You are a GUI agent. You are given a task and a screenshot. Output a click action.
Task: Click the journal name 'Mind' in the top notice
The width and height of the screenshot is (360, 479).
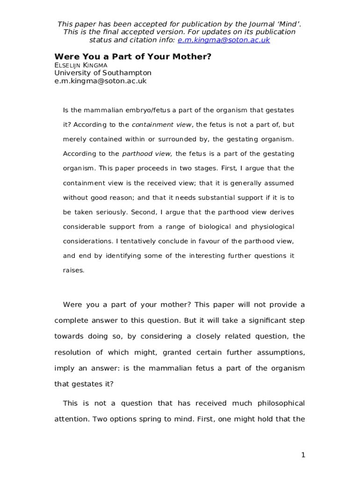coord(284,24)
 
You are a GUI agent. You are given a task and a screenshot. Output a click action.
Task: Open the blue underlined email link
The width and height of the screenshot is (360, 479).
coord(223,40)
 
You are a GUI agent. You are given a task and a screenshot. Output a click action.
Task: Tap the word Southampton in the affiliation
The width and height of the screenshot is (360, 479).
coord(127,73)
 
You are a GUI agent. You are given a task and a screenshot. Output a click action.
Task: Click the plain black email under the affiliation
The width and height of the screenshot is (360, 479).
coord(100,81)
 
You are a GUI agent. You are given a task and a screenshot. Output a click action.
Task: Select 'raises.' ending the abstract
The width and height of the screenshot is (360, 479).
coord(73,270)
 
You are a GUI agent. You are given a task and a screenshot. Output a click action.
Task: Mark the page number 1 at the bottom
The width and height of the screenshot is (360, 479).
coord(303,455)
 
